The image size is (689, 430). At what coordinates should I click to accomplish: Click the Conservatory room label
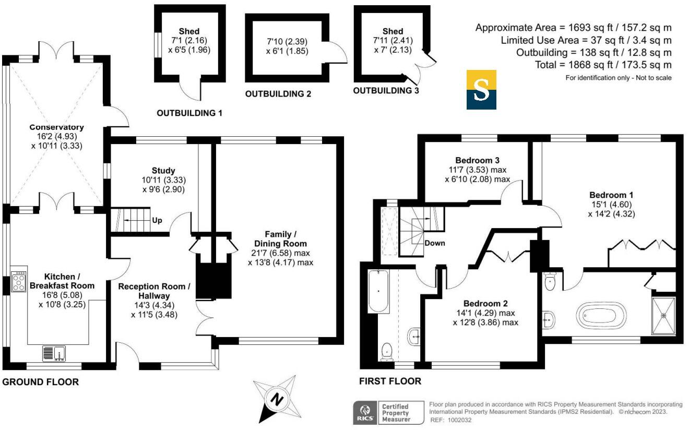(x=57, y=127)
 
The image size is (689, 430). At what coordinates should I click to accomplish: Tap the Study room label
(x=163, y=171)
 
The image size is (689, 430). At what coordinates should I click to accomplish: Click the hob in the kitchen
(x=19, y=282)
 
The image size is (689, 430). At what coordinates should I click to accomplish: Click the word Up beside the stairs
(x=157, y=220)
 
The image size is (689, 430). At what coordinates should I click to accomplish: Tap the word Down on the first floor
(x=434, y=243)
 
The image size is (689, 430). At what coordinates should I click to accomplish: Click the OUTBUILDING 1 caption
(x=189, y=113)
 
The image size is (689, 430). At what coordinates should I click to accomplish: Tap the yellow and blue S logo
(x=481, y=90)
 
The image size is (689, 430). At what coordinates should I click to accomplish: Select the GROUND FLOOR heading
(x=41, y=382)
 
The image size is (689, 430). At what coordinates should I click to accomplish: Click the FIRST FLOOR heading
(x=390, y=381)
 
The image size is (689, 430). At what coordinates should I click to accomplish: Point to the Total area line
(x=603, y=65)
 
